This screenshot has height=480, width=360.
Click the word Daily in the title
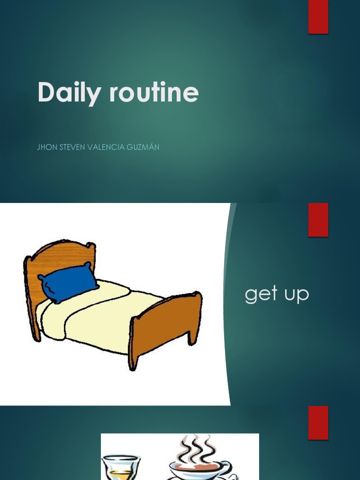click(68, 92)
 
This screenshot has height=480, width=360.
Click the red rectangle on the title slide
click(318, 17)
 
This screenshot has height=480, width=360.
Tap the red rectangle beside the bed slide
click(318, 219)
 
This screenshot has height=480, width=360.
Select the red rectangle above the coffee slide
click(318, 422)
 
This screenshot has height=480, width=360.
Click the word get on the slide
click(261, 295)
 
